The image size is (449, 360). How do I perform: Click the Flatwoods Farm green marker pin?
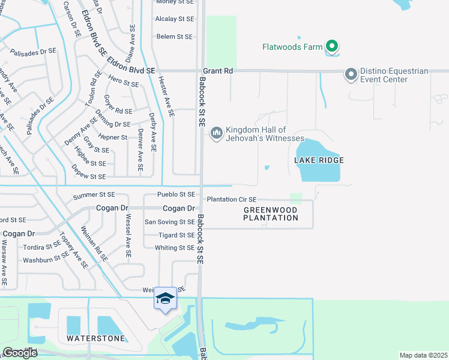(331, 46)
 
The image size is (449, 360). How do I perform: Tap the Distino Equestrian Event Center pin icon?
(351, 74)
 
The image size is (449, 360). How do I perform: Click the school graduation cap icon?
(165, 298)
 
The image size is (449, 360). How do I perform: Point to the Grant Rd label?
(218, 71)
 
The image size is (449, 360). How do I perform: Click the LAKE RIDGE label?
(319, 160)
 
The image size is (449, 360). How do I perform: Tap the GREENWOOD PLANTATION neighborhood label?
(271, 214)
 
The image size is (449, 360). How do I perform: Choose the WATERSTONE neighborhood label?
(96, 338)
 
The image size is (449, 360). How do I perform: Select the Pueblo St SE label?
(176, 194)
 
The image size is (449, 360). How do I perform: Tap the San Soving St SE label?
(170, 222)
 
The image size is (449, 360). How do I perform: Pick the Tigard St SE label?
(176, 235)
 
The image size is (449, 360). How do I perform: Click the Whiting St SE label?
(175, 248)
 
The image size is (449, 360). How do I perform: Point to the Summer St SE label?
(94, 196)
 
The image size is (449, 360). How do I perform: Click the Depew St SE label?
(88, 176)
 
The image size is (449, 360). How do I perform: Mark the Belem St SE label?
(174, 37)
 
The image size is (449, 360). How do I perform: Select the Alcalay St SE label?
(174, 19)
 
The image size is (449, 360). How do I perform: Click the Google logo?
(20, 353)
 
